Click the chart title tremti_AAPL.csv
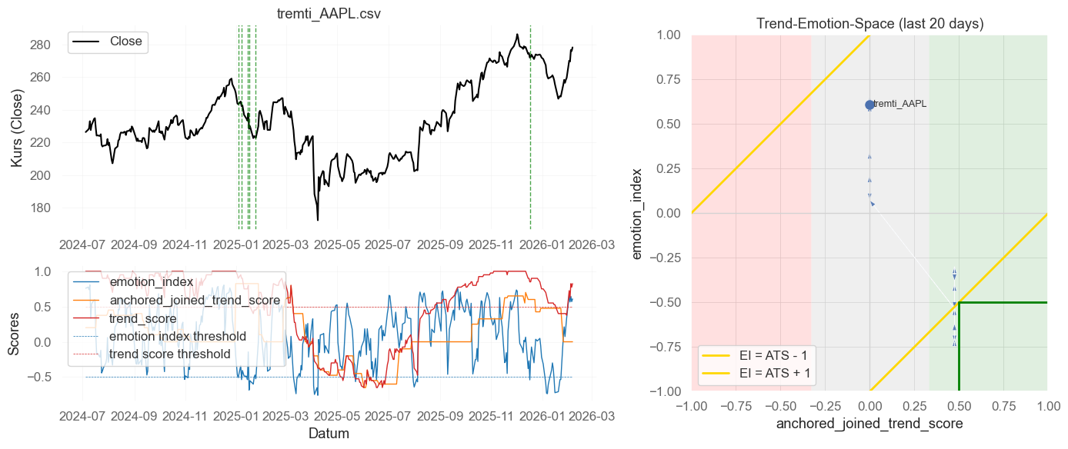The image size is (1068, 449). point(329,14)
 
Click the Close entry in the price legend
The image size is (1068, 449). point(125,42)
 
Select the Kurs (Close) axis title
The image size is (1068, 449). point(16,128)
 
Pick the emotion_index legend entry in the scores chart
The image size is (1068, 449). point(151,282)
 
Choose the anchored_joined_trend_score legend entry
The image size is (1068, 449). point(195,300)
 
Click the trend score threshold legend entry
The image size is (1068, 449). point(169,354)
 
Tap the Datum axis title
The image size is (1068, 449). point(329,434)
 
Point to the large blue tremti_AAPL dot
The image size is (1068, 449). point(869,105)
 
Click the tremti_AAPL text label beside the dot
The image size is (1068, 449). point(900,104)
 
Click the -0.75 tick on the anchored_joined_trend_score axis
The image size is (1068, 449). point(736,405)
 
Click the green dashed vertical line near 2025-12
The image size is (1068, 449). point(530,128)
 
